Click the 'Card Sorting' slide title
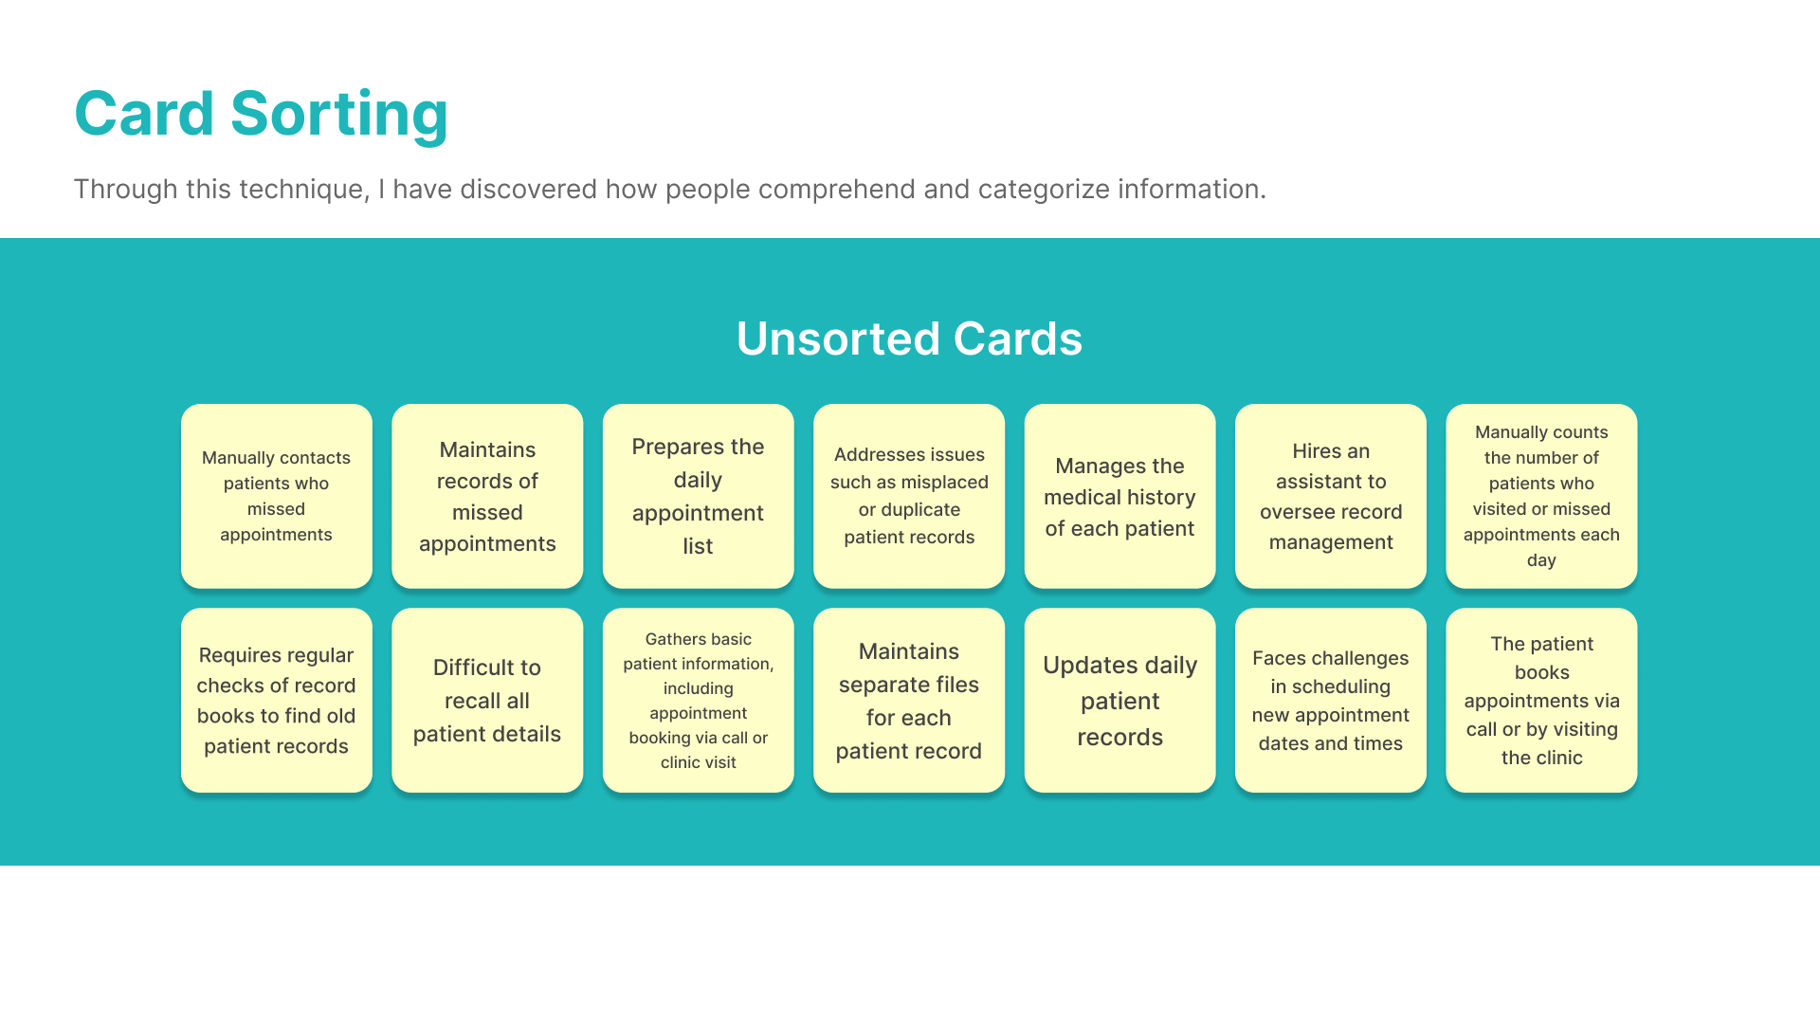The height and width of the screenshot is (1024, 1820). click(261, 114)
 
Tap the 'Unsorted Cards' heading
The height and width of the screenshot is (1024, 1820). click(909, 338)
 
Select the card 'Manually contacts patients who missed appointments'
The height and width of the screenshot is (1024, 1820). click(277, 496)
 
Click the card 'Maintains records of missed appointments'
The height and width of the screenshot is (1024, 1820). click(487, 496)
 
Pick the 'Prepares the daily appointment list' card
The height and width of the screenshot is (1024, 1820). click(699, 496)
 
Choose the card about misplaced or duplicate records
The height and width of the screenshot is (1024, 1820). click(909, 496)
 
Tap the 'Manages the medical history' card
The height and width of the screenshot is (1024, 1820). click(1120, 496)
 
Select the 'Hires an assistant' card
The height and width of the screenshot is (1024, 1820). click(1331, 496)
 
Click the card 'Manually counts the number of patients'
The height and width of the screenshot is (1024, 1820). click(1541, 496)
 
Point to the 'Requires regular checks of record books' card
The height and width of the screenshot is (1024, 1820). click(277, 701)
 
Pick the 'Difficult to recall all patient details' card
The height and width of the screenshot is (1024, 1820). click(487, 701)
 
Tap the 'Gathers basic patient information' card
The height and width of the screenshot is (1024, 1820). click(699, 701)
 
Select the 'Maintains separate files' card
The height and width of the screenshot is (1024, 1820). click(909, 701)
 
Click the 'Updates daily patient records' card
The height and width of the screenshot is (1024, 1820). click(1120, 701)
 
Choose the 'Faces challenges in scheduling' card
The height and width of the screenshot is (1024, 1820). click(1331, 701)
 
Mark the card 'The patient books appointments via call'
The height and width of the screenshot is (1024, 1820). click(1541, 701)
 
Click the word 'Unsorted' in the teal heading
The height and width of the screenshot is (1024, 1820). click(838, 338)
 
